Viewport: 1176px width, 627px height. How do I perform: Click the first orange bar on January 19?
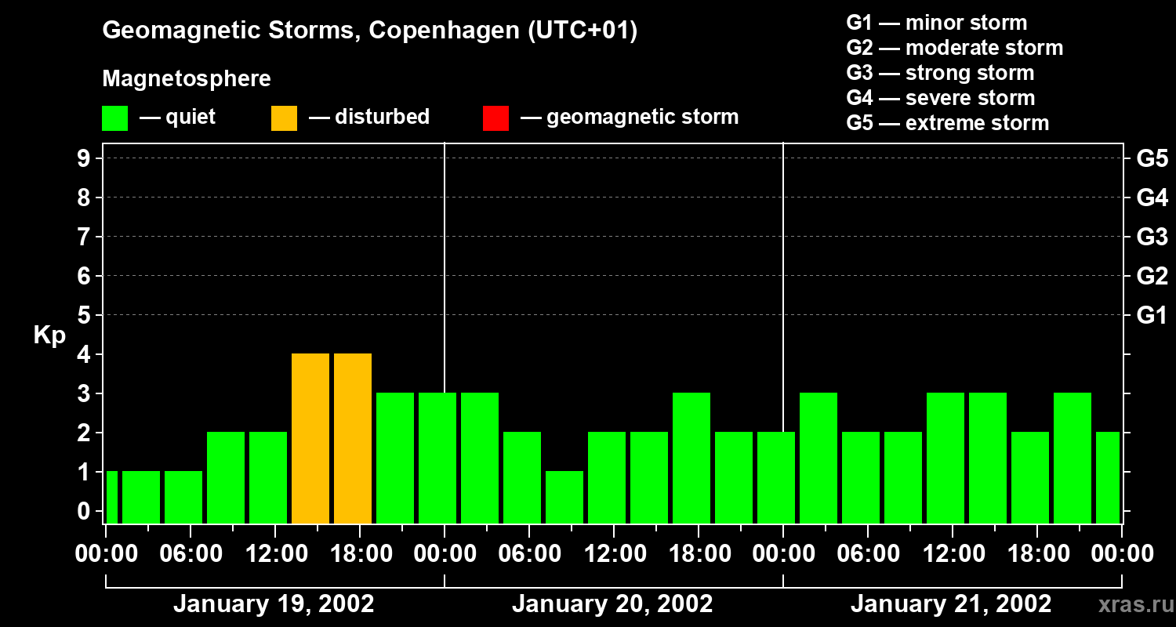coord(310,438)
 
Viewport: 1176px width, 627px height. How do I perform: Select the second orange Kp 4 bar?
coord(353,438)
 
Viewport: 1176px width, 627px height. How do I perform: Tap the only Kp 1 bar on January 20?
coord(564,497)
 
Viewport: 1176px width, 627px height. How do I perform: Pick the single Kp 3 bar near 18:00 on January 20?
coord(691,458)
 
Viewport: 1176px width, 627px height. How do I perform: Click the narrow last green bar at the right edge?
coord(1108,477)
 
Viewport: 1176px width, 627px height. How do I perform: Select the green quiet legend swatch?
coord(115,118)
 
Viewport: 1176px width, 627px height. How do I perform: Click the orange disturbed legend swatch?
coord(284,118)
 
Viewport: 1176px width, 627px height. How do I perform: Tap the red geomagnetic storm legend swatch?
coord(495,118)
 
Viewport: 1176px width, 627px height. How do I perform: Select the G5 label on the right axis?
coord(1152,158)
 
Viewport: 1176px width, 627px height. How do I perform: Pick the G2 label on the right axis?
coord(1152,276)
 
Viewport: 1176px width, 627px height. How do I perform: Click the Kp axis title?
coord(49,335)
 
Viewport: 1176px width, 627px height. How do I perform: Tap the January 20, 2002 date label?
coord(612,604)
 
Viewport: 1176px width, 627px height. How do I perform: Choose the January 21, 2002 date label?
coord(951,604)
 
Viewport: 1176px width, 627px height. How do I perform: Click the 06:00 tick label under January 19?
coord(191,554)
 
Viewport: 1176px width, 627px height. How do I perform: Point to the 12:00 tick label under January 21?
coord(952,554)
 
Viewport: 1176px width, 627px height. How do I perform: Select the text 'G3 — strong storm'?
coord(940,73)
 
